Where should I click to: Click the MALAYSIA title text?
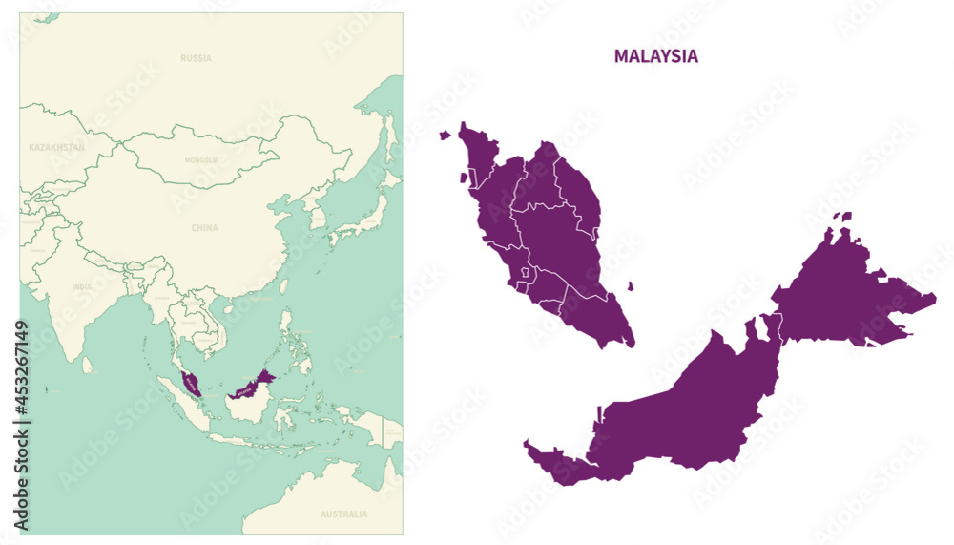coord(655,56)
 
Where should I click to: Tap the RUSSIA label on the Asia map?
coord(196,58)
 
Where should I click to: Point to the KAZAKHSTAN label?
coord(57,148)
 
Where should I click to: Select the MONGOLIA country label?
coord(201,160)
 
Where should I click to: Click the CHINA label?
coord(204,228)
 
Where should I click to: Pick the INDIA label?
coord(82,286)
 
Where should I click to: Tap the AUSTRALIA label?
coord(343,514)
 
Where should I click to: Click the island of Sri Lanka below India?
coord(88,365)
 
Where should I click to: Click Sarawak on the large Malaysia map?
coord(668,420)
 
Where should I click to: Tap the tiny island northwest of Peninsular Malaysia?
coord(445,136)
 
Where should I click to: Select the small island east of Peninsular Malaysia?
coord(630,285)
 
